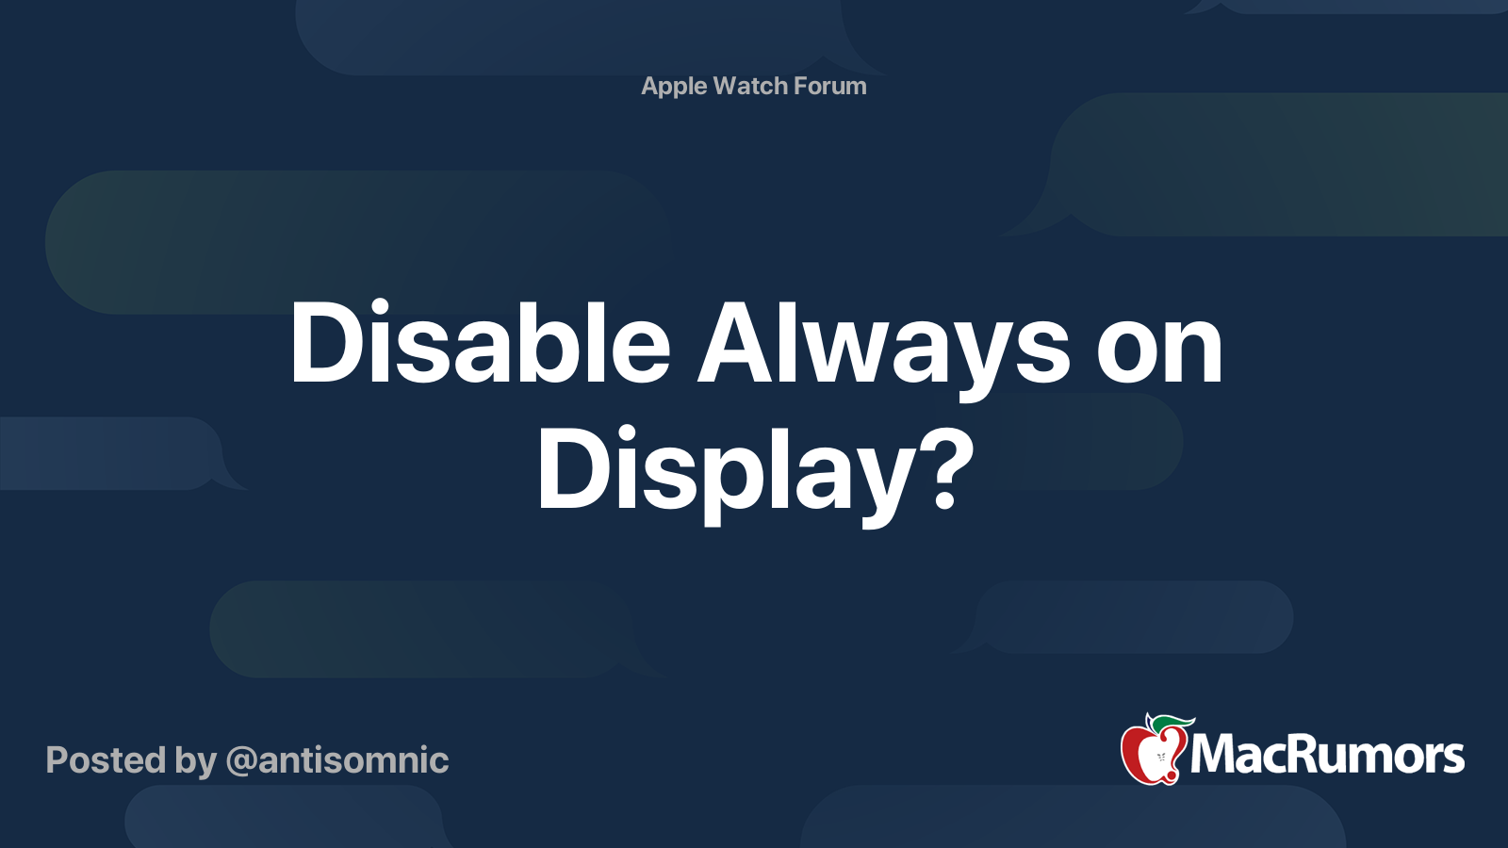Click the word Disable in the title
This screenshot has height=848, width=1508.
click(x=480, y=344)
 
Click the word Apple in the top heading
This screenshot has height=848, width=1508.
click(x=674, y=87)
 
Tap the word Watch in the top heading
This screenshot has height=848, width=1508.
click(x=750, y=86)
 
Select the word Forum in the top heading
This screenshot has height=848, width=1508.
click(x=829, y=86)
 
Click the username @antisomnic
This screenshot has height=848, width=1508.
click(x=337, y=760)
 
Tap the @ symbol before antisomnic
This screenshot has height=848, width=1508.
click(x=240, y=761)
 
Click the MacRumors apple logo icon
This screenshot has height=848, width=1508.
click(x=1153, y=751)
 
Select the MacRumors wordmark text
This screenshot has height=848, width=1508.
click(x=1327, y=755)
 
